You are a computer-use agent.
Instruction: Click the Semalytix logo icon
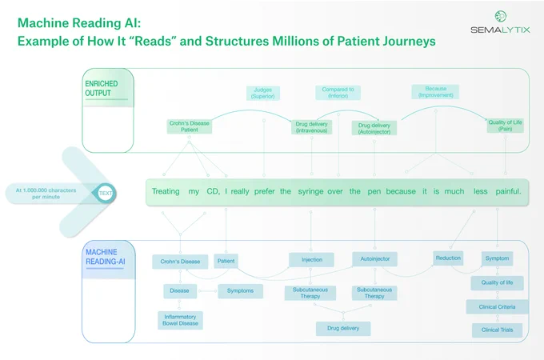point(500,16)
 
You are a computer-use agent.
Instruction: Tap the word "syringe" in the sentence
point(310,191)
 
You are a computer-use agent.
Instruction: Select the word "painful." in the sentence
point(508,191)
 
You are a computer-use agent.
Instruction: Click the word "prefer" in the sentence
point(264,191)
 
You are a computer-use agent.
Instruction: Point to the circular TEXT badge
point(105,193)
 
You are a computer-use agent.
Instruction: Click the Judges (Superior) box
point(262,93)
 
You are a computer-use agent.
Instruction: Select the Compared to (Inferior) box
point(338,93)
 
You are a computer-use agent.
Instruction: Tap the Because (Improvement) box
point(435,92)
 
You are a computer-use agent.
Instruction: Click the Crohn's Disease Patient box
point(189,126)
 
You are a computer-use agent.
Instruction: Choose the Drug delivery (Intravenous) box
point(311,127)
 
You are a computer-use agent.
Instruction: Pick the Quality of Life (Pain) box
point(505,126)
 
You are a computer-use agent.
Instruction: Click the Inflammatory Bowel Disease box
point(180,320)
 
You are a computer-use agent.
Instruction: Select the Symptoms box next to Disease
point(240,290)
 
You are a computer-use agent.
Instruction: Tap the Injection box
point(311,260)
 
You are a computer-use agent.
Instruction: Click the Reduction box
point(448,258)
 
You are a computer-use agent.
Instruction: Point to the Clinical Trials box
point(497,330)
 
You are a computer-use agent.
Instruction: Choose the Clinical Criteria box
point(497,307)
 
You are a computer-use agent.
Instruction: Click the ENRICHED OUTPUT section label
point(102,89)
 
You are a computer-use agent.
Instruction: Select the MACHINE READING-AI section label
point(105,257)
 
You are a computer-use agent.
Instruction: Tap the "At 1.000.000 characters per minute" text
point(46,194)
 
